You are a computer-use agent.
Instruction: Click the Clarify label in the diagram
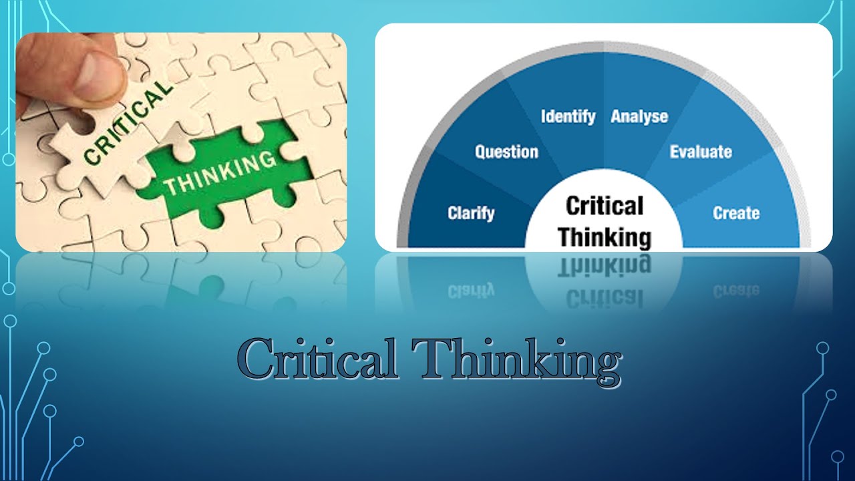click(471, 214)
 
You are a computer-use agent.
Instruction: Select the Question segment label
click(506, 152)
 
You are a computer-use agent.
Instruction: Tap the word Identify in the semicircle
click(568, 116)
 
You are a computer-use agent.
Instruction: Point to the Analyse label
click(639, 117)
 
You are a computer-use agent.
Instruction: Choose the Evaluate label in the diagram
click(701, 152)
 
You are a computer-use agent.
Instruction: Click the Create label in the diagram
click(736, 214)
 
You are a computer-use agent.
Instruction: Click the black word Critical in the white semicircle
click(605, 206)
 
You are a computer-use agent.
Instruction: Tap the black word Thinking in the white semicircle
click(605, 236)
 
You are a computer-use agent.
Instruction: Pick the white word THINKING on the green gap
click(220, 172)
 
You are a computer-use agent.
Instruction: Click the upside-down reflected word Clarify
click(471, 289)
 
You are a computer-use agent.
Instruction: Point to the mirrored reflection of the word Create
click(736, 290)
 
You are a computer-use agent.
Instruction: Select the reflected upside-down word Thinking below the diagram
click(605, 267)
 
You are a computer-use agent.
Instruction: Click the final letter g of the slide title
click(604, 366)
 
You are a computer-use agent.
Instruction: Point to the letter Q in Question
click(480, 152)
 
